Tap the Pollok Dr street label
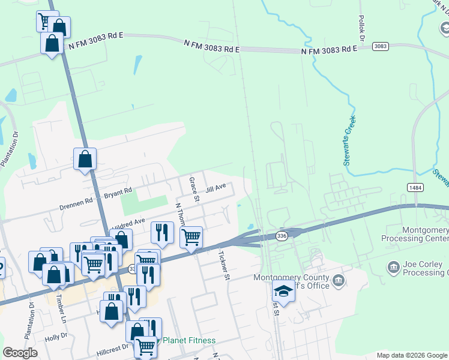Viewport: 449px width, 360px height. [362, 28]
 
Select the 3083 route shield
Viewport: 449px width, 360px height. [380, 46]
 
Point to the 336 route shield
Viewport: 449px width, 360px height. [282, 236]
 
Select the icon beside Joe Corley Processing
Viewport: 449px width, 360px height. [394, 266]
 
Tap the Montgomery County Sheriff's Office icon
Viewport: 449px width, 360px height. [339, 280]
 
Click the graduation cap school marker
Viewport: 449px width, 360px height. [283, 292]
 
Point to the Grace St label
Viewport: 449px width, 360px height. [194, 188]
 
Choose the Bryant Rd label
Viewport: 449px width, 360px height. [118, 193]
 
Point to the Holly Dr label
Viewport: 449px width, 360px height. [56, 337]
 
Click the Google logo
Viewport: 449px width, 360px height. [20, 353]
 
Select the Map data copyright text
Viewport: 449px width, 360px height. [412, 355]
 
